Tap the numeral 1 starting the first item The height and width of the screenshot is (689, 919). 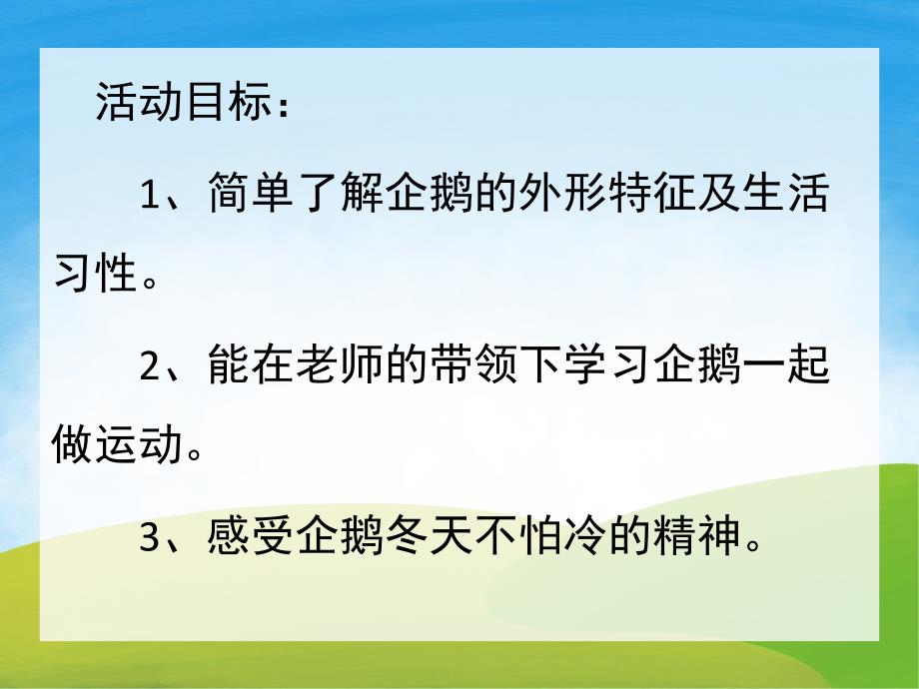coord(150,196)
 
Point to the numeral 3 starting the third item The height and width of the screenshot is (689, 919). coord(150,539)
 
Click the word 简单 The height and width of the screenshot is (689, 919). coord(253,196)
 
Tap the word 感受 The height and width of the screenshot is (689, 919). coord(253,539)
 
